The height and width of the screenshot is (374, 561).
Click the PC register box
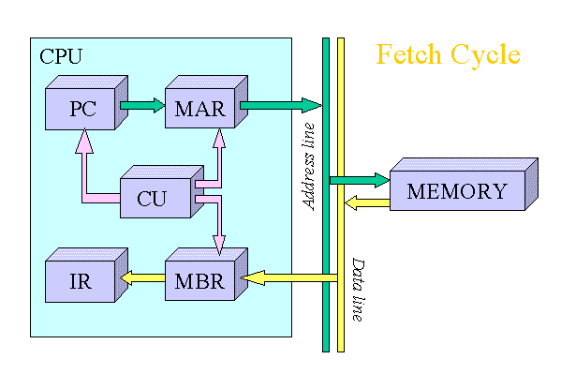[x=82, y=109]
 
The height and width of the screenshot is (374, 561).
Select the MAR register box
[x=199, y=109]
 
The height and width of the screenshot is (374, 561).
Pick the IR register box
[x=81, y=278]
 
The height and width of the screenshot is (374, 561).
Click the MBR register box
[x=199, y=278]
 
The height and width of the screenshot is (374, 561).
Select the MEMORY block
[x=457, y=191]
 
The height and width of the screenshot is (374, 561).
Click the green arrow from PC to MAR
[x=142, y=106]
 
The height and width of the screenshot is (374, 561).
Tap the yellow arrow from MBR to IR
[x=141, y=278]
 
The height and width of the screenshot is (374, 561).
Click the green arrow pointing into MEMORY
[x=360, y=179]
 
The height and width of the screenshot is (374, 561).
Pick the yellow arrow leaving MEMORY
[x=366, y=202]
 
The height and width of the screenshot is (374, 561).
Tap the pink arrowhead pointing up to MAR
[x=219, y=139]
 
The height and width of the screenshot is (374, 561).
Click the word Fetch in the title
[x=408, y=54]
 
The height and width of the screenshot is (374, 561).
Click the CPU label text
[x=60, y=56]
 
